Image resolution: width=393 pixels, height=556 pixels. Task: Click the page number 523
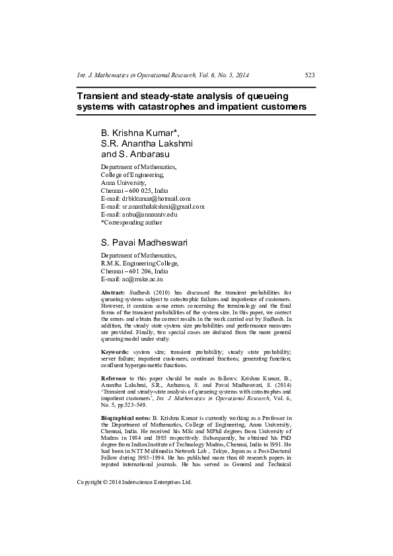pyautogui.click(x=309, y=75)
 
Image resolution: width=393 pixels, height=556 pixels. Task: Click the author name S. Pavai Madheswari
pyautogui.click(x=143, y=242)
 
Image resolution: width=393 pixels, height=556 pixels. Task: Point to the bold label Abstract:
pyautogui.click(x=112, y=292)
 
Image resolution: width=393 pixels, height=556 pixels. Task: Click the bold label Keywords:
pyautogui.click(x=114, y=352)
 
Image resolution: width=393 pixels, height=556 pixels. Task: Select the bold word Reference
pyautogui.click(x=115, y=377)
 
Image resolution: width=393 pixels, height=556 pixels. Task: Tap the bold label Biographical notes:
pyautogui.click(x=125, y=419)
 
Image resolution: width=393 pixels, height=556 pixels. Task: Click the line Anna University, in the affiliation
pyautogui.click(x=123, y=182)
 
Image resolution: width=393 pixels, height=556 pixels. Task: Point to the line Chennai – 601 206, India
pyautogui.click(x=134, y=271)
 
